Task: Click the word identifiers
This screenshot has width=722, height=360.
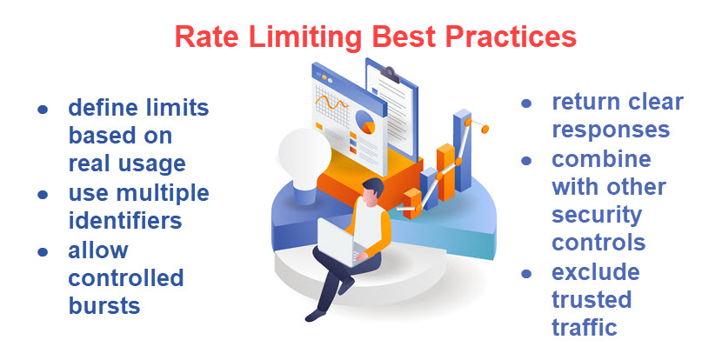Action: click(125, 220)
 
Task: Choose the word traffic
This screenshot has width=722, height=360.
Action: click(584, 327)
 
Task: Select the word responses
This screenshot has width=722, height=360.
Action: click(611, 130)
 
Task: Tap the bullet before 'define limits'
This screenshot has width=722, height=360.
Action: click(42, 110)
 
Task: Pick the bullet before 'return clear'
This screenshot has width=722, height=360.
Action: click(525, 103)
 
